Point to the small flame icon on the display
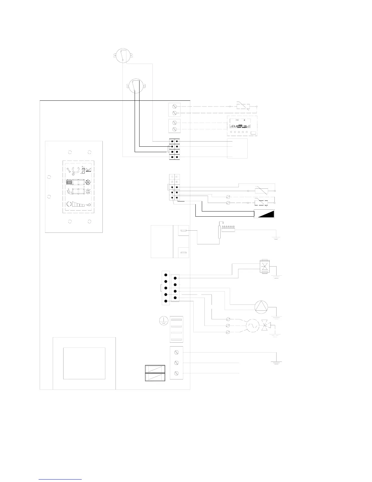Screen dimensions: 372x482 click(88, 204)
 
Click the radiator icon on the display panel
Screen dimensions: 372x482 click(69, 183)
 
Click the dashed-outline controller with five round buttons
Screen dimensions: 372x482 click(242, 126)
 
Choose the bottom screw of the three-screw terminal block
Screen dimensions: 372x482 click(176, 373)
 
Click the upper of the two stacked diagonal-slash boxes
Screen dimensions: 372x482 click(155, 369)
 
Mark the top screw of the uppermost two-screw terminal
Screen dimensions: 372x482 click(174, 107)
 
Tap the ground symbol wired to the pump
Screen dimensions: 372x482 click(276, 316)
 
